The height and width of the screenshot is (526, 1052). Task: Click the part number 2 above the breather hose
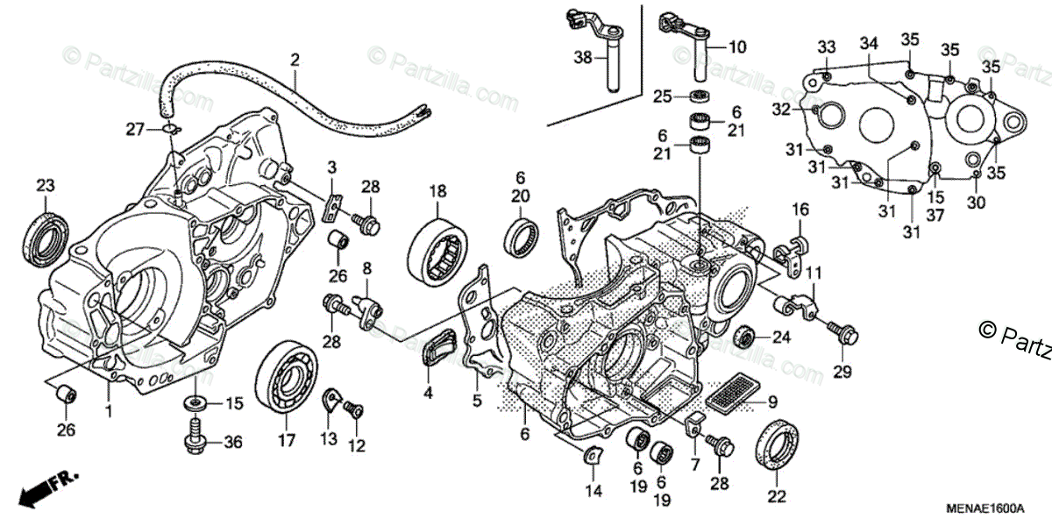click(x=295, y=60)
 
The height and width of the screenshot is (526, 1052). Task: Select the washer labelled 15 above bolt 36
click(x=193, y=404)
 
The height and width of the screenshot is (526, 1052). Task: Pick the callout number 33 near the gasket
click(x=827, y=46)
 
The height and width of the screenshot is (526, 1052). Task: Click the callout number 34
click(x=869, y=43)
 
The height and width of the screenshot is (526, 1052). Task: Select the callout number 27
click(x=134, y=130)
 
